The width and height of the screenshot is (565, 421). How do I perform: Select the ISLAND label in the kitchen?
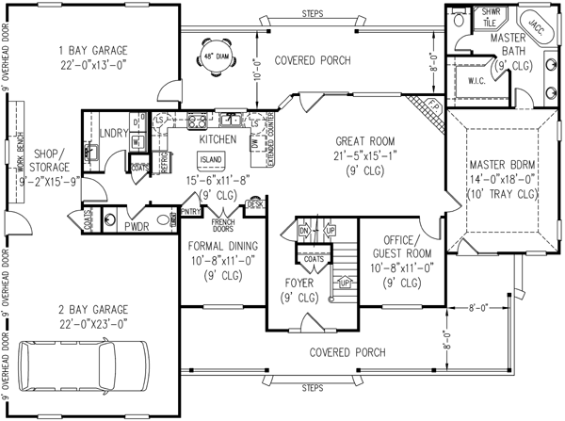(210, 159)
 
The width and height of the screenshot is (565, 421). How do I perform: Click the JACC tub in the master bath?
(537, 24)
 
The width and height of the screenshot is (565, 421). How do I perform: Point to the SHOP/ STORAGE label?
(45, 159)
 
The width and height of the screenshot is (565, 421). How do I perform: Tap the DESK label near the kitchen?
(253, 202)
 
